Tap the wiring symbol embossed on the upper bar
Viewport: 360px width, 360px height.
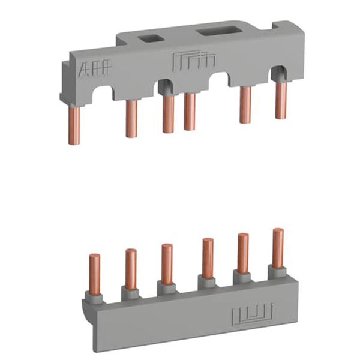pyautogui.click(x=194, y=59)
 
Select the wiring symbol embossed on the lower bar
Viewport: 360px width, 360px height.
pyautogui.click(x=253, y=314)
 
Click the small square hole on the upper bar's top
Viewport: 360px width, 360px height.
pyautogui.click(x=149, y=38)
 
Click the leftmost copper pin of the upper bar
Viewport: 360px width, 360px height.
pyautogui.click(x=74, y=125)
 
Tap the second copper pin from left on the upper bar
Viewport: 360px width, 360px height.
pyautogui.click(x=131, y=118)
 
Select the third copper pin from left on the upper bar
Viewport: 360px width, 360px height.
pyautogui.click(x=168, y=114)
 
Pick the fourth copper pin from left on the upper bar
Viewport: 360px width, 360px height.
pyautogui.click(x=190, y=112)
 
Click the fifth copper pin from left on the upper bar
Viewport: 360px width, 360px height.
pyautogui.click(x=245, y=104)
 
